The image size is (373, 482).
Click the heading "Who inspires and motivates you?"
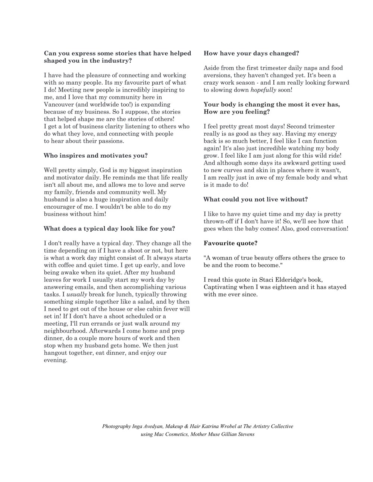pyautogui.click(x=95, y=156)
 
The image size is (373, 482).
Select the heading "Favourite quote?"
pyautogui.click(x=230, y=243)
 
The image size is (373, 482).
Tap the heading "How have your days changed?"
pyautogui.click(x=251, y=53)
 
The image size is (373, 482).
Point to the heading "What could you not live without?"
pyautogui.click(x=256, y=199)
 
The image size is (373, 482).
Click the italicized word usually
pyautogui.click(x=77, y=294)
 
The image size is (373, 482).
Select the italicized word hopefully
pyautogui.click(x=263, y=90)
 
